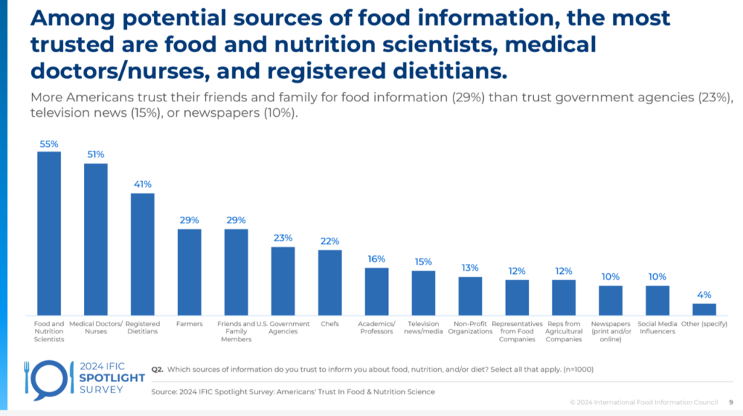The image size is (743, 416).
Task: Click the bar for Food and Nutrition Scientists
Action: pyautogui.click(x=49, y=232)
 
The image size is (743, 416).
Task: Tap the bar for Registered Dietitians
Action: pyautogui.click(x=142, y=253)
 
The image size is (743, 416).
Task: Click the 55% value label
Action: pyautogui.click(x=49, y=144)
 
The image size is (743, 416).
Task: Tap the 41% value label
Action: pyautogui.click(x=142, y=184)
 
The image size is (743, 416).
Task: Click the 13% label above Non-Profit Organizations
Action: pyautogui.click(x=470, y=268)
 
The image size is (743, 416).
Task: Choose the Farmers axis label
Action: pyautogui.click(x=189, y=324)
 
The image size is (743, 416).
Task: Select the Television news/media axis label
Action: pyautogui.click(x=423, y=328)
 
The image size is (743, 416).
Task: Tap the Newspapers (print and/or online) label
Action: pyautogui.click(x=610, y=331)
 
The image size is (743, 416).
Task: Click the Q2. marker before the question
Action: pyautogui.click(x=157, y=369)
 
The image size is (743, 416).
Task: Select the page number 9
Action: pyautogui.click(x=730, y=402)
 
